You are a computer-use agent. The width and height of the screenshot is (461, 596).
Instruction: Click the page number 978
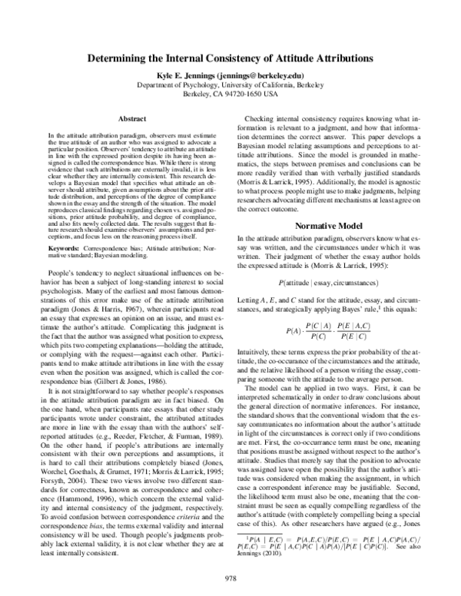[230, 578]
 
